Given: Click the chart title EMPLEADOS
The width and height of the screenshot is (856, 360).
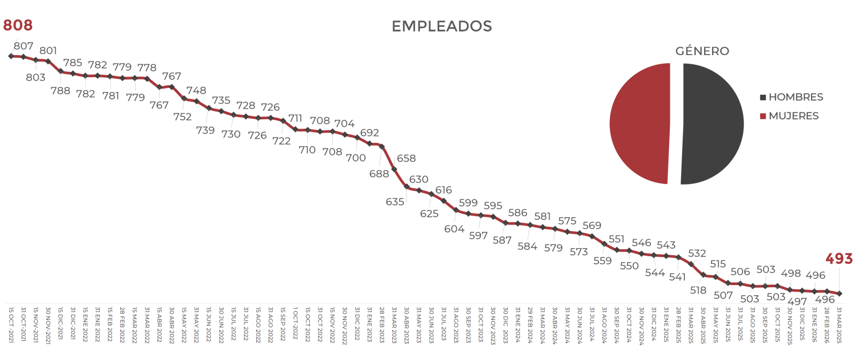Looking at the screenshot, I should [441, 26].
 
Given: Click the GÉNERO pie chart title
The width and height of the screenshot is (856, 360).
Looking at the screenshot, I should [702, 51].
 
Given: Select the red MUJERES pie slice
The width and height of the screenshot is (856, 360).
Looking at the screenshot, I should [639, 124].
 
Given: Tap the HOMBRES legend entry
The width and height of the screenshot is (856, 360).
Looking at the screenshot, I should [791, 97].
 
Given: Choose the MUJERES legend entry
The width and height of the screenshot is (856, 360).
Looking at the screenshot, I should [789, 116].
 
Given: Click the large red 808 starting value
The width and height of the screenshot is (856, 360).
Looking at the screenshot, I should [18, 25].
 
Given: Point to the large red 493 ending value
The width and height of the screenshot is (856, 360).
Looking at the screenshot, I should [839, 259].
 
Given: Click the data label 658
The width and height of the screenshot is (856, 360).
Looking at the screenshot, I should [406, 158].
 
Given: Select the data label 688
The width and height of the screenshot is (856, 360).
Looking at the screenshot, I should [379, 174].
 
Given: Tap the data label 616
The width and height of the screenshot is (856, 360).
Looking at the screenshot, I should [444, 190].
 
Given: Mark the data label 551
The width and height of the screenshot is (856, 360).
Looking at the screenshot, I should [616, 239].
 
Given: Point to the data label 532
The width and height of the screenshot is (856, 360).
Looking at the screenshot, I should [697, 253].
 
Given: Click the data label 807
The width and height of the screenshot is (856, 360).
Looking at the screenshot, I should [24, 46].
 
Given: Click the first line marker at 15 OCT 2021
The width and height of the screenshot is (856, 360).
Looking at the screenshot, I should [11, 56].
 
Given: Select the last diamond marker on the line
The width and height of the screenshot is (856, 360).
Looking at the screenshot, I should [839, 293].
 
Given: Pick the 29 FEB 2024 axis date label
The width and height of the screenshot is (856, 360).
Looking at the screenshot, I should [530, 324].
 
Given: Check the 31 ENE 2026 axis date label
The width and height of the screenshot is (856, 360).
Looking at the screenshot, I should [814, 324].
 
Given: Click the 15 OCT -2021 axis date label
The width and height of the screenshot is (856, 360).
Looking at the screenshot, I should [11, 324].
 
